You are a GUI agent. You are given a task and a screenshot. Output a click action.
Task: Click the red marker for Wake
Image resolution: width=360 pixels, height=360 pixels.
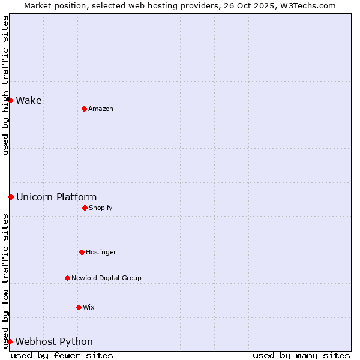[11, 100]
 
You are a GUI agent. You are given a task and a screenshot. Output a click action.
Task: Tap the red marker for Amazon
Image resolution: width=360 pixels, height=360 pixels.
[84, 109]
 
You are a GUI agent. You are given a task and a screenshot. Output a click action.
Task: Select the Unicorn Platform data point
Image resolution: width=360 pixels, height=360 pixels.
[11, 197]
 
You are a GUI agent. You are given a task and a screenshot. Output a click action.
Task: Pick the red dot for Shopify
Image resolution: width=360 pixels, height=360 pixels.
[85, 208]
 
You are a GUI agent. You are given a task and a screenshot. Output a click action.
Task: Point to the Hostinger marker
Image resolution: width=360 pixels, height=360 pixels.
[82, 252]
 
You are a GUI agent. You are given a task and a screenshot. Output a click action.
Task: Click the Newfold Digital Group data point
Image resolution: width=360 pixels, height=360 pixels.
[67, 278]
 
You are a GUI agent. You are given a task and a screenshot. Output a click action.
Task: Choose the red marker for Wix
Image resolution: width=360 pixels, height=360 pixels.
[79, 307]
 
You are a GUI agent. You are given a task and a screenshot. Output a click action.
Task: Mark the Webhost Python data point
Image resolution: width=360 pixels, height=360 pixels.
[10, 341]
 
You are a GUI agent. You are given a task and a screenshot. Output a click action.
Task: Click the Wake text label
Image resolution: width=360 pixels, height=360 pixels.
[29, 100]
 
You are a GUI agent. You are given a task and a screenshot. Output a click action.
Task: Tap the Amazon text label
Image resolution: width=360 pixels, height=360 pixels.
[101, 109]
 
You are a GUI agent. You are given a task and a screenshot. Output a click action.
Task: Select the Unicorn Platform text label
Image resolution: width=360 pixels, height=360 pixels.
[56, 197]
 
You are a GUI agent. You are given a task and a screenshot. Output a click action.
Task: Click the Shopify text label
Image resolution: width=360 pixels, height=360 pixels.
[101, 208]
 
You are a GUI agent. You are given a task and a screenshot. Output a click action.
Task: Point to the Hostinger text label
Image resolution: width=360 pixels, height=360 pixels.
[101, 252]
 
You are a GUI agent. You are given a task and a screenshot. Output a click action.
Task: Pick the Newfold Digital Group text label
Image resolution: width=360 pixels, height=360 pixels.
[107, 278]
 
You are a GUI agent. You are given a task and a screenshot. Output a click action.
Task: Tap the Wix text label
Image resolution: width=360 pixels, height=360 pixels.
[89, 307]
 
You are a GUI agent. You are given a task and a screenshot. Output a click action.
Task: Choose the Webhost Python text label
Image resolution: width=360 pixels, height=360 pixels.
[54, 341]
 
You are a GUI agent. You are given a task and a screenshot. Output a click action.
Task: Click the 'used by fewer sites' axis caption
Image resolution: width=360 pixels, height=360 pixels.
[62, 355]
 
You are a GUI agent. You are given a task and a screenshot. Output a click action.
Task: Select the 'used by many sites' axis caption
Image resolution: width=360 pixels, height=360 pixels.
[301, 355]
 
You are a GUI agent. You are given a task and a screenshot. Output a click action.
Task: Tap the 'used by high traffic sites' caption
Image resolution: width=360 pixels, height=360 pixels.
[5, 85]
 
